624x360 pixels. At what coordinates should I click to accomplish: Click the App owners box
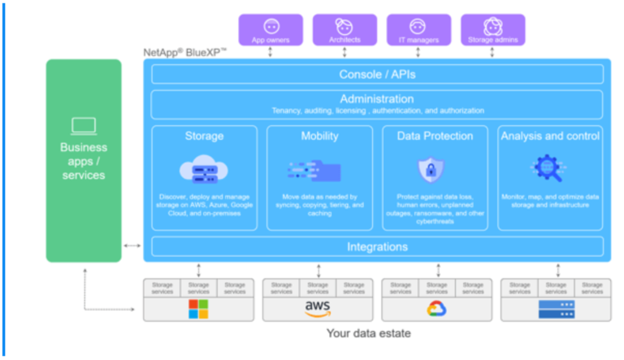(271, 29)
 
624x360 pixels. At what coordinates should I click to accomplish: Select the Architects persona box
(344, 29)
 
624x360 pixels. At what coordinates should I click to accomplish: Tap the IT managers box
(418, 29)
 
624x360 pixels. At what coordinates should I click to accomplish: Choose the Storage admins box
(492, 29)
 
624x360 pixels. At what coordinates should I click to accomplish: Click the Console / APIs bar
(377, 75)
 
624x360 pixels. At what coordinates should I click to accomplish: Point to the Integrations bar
(377, 246)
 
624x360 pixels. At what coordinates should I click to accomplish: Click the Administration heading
(377, 98)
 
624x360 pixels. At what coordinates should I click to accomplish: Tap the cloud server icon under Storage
(204, 169)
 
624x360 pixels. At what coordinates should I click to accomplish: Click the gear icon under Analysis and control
(549, 168)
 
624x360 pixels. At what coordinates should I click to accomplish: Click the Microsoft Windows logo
(198, 309)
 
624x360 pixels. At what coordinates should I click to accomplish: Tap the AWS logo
(318, 309)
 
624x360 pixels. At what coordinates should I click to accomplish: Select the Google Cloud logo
(437, 309)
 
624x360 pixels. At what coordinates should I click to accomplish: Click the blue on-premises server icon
(556, 309)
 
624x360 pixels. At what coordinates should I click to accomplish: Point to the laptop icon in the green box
(84, 126)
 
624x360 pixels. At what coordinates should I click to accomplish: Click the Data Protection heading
(435, 137)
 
